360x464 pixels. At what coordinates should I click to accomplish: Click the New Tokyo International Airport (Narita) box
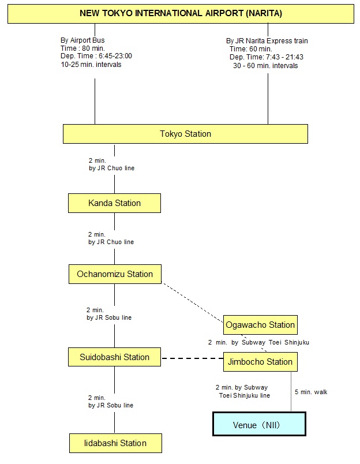click(x=181, y=13)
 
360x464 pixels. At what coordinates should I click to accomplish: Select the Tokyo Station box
click(x=185, y=134)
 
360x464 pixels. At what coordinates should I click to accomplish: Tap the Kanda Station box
click(x=114, y=203)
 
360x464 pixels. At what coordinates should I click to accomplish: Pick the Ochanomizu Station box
click(x=115, y=274)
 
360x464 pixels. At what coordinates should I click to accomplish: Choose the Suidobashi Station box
click(x=114, y=357)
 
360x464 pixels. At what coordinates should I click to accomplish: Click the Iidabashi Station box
click(x=115, y=443)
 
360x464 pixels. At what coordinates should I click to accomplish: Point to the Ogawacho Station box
click(x=260, y=325)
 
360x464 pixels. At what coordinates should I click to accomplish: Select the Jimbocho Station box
click(x=260, y=362)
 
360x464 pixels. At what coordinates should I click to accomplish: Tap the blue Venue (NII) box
click(x=259, y=424)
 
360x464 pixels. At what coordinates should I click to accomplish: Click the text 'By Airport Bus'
click(x=82, y=40)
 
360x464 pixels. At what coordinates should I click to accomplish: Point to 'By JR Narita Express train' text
click(x=267, y=41)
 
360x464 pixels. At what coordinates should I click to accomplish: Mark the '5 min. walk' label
click(x=311, y=392)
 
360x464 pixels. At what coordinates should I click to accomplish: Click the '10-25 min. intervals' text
click(x=91, y=65)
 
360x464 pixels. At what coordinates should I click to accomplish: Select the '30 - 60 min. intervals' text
click(x=265, y=66)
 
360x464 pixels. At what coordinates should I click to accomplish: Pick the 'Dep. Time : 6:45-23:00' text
click(x=96, y=57)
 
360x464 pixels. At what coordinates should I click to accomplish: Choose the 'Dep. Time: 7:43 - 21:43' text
click(x=266, y=57)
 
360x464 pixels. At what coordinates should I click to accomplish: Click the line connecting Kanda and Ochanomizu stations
click(x=114, y=254)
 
